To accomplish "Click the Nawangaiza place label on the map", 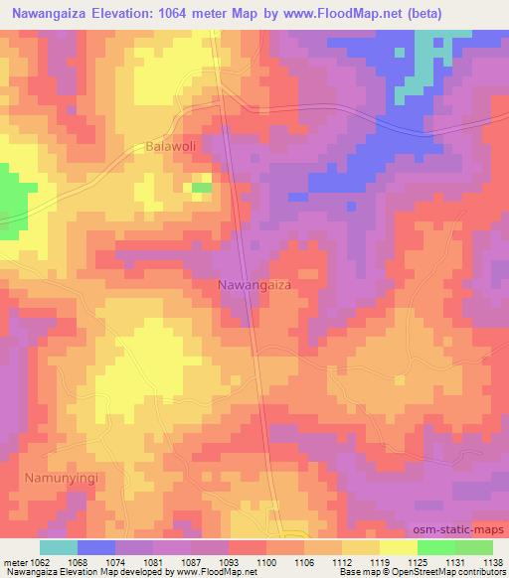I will tap(254, 285).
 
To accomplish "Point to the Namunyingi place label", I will tap(60, 478).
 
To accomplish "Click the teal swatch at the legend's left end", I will tap(58, 547).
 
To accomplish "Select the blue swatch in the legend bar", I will tap(95, 547).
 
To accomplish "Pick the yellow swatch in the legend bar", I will tap(398, 547).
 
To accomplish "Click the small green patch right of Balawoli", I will tap(202, 187).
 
